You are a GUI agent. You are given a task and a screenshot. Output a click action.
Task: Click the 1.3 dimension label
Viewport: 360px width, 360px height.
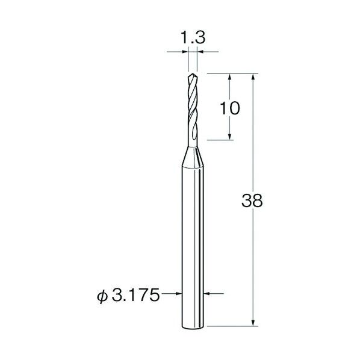click(193, 37)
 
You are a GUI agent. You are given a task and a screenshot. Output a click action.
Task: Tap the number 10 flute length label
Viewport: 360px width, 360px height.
click(230, 108)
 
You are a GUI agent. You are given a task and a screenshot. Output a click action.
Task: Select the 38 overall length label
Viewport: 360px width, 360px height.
click(252, 200)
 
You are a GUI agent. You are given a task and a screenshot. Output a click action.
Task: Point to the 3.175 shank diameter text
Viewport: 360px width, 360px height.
click(135, 295)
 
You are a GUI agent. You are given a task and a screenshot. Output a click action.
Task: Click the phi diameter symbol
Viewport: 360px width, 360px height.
click(102, 296)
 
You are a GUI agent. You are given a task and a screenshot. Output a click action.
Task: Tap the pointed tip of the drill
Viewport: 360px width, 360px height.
click(193, 73)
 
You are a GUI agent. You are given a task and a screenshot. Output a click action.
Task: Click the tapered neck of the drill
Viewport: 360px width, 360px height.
click(193, 157)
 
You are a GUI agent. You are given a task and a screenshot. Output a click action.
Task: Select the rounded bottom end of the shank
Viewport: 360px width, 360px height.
click(193, 327)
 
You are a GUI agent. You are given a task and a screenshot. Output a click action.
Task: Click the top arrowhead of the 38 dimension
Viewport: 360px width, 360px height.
click(253, 76)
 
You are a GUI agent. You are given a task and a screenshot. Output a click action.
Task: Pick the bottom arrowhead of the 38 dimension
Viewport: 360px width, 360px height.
click(253, 323)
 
